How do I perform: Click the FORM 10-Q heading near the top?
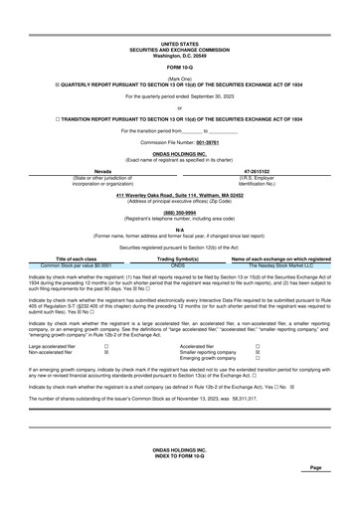(x=180, y=67)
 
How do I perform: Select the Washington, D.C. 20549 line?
(x=180, y=55)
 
